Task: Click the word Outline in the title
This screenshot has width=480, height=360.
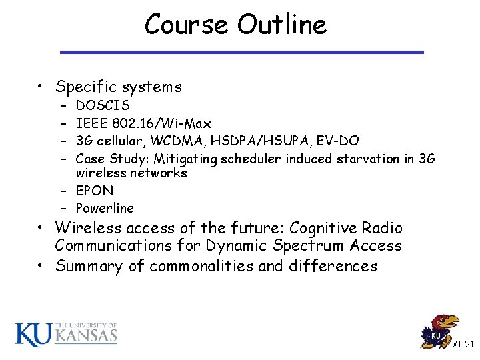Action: (282, 25)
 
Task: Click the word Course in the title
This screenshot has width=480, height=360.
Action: (187, 25)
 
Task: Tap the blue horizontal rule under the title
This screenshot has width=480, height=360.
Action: (241, 52)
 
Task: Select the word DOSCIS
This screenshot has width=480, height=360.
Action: (103, 105)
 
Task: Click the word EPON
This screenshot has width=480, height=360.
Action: (95, 191)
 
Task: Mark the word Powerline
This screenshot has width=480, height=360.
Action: (105, 208)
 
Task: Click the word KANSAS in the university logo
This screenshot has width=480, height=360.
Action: (85, 335)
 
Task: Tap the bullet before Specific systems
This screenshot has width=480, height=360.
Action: (42, 87)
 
